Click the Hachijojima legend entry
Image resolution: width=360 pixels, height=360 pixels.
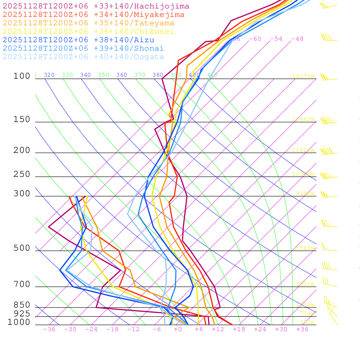click(96, 6)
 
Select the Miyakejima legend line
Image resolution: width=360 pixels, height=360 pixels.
click(93, 15)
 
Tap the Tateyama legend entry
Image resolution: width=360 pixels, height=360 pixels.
click(88, 23)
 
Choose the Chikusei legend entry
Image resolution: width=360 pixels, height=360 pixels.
click(88, 32)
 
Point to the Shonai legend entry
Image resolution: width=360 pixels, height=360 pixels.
click(83, 48)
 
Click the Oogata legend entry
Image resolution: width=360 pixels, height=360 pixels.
click(83, 57)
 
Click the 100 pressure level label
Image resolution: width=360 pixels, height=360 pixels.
click(22, 76)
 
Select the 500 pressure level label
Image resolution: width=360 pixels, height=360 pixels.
click(22, 248)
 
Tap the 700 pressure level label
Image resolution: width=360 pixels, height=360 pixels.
click(22, 284)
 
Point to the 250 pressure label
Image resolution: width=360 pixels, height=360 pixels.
click(22, 174)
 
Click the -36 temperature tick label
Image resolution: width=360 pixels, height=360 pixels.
click(49, 329)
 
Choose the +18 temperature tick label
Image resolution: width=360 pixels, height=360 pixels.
click(239, 329)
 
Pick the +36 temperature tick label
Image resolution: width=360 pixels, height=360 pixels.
click(302, 329)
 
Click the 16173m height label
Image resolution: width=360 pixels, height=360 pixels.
click(303, 76)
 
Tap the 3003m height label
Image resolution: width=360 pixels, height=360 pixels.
click(305, 284)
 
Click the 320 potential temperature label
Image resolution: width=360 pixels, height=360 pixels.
click(49, 75)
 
